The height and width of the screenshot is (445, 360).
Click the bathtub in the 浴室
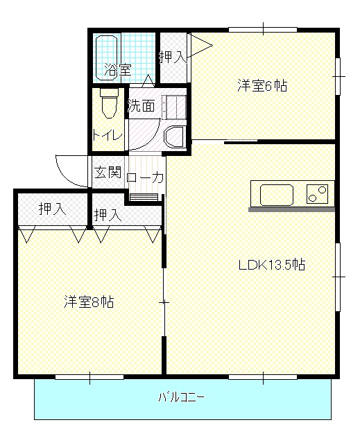(x=106, y=58)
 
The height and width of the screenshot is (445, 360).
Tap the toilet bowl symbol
(x=110, y=103)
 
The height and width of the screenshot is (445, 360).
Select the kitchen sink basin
(x=277, y=195)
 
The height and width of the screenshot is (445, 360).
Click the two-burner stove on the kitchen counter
(x=317, y=194)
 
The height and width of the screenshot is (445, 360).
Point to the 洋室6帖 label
(x=262, y=85)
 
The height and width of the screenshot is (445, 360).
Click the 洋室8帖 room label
(x=89, y=302)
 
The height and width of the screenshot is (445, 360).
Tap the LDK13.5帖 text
(x=272, y=265)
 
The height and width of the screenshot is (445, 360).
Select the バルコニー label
(x=181, y=397)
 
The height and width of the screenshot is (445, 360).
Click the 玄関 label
(x=108, y=172)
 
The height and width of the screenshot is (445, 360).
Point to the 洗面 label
(x=141, y=105)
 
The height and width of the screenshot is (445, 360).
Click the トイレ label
(x=108, y=134)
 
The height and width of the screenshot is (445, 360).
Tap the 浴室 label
(x=118, y=69)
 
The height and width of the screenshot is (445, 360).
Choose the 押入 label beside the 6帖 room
(x=173, y=56)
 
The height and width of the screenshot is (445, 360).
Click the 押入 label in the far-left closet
(x=53, y=209)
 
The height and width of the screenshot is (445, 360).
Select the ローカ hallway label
(x=145, y=178)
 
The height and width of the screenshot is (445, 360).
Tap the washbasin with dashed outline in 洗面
(x=174, y=107)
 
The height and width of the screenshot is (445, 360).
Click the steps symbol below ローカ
(x=144, y=197)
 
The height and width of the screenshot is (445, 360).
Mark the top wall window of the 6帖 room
(x=263, y=29)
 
